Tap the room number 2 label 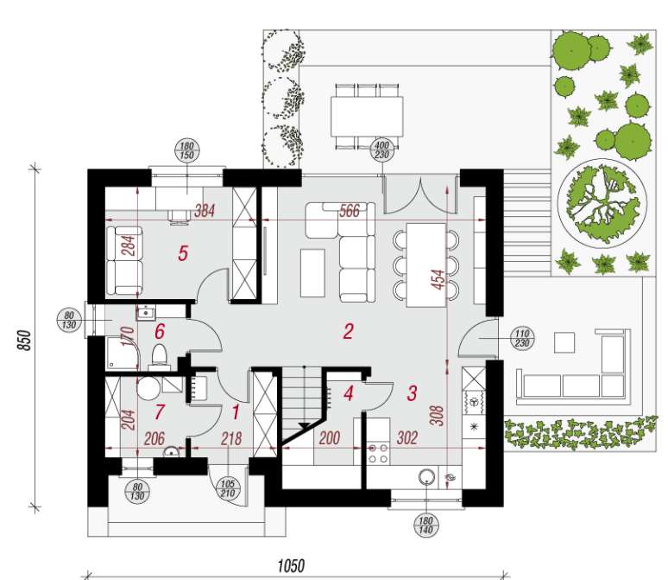[x=348, y=331]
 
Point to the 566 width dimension [x=349, y=211]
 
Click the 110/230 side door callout [x=520, y=338]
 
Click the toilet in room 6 [x=158, y=355]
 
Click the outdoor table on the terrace [x=366, y=111]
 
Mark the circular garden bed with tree [x=602, y=202]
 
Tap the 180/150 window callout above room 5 [x=186, y=150]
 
